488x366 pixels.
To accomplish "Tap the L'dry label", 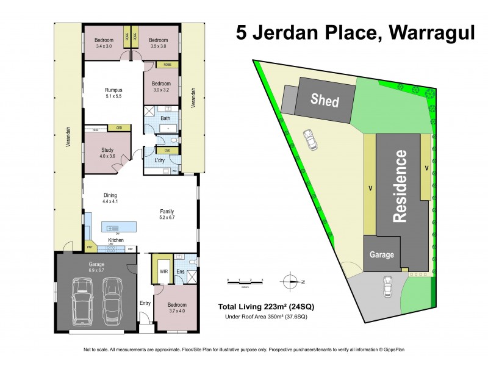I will point(160,160).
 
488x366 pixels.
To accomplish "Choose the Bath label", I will point(165,118).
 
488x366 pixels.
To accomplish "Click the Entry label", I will point(145,303).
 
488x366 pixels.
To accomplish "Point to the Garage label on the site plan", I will point(379,255).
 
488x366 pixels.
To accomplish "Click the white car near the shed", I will point(310,140).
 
